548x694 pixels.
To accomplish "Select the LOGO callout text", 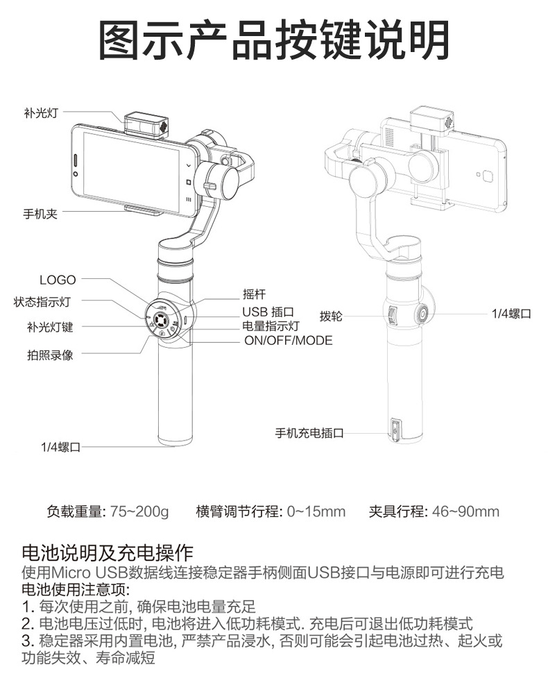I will click(x=58, y=280).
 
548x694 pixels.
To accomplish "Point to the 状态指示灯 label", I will click(x=42, y=302).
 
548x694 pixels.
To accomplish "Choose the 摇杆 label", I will click(x=254, y=294).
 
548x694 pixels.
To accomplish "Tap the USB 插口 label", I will click(x=268, y=312).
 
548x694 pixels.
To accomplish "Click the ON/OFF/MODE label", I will click(x=288, y=341).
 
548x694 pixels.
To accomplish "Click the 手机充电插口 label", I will click(x=309, y=434).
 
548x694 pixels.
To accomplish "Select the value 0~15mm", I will click(x=316, y=512).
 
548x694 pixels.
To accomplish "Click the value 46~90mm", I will click(x=465, y=512).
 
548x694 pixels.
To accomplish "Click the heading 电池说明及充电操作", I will click(x=108, y=552).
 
